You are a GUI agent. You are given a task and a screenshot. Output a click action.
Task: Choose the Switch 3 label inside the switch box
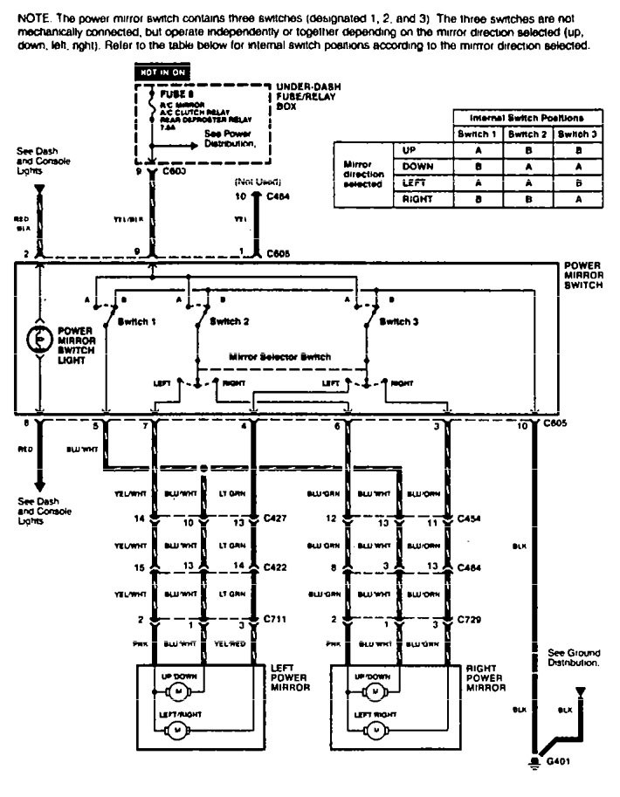pos(403,321)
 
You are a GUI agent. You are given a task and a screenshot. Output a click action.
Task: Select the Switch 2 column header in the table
pos(524,134)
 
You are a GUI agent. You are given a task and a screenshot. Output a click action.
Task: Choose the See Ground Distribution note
pos(573,656)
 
